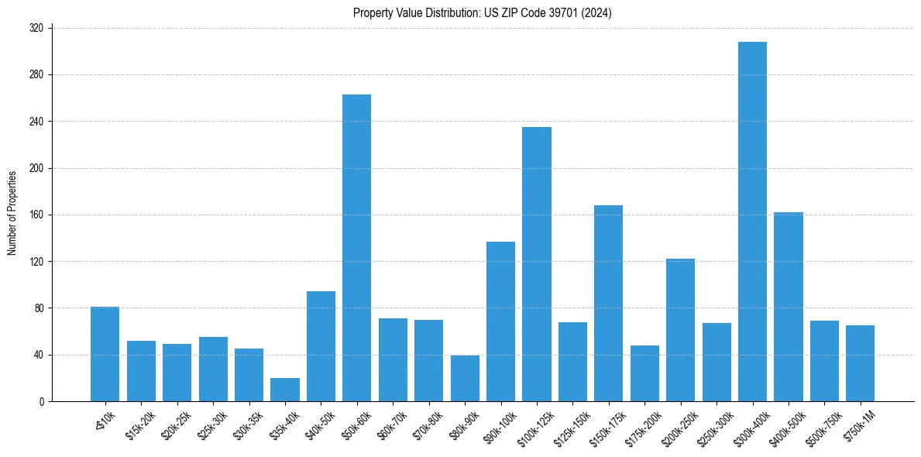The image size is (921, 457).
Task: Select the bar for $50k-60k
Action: pyautogui.click(x=357, y=248)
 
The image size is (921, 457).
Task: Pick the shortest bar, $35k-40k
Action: pyautogui.click(x=285, y=390)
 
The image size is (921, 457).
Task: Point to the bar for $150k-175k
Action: pyautogui.click(x=608, y=303)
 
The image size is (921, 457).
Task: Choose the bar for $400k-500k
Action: pyautogui.click(x=789, y=307)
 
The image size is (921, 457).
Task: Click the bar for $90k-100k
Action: pyautogui.click(x=500, y=321)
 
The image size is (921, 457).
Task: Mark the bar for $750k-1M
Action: pyautogui.click(x=860, y=363)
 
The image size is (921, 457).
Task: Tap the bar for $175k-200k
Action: pyautogui.click(x=644, y=373)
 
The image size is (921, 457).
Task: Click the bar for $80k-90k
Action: pyautogui.click(x=465, y=379)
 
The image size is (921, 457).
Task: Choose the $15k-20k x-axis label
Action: pyautogui.click(x=139, y=425)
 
